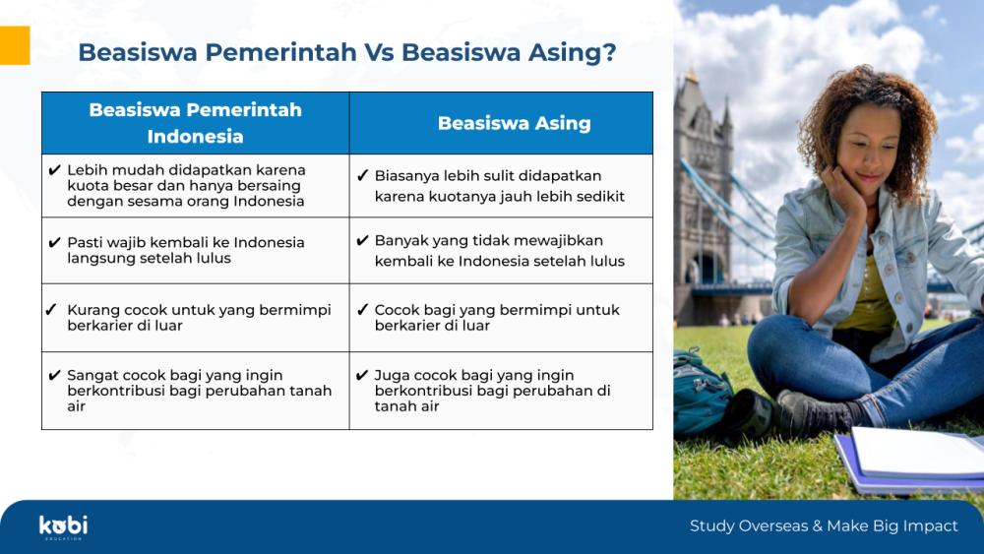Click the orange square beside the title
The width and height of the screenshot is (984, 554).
click(15, 45)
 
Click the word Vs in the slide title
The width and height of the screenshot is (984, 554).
click(379, 53)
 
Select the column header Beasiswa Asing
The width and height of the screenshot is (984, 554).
click(502, 123)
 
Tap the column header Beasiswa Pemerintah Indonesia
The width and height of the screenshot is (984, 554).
click(195, 123)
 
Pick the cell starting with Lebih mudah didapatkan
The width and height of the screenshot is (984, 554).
click(195, 186)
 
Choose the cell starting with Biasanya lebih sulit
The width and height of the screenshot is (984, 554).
click(502, 186)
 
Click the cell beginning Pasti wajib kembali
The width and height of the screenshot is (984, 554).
click(195, 250)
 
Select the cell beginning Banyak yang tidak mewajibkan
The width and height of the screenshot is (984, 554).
click(502, 250)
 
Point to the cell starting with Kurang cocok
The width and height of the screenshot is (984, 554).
click(195, 318)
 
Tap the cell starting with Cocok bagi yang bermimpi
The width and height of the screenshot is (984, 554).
click(502, 318)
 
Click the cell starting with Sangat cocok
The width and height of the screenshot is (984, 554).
click(195, 391)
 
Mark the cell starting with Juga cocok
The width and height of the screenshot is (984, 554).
click(502, 391)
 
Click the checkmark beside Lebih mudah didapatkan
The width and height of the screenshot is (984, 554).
click(54, 170)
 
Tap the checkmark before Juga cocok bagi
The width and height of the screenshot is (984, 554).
click(362, 375)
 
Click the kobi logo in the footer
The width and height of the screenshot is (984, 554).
click(63, 527)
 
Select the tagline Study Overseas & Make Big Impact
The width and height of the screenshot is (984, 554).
click(824, 525)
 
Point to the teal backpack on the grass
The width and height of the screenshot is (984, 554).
click(701, 392)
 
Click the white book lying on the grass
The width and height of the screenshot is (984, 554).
click(917, 453)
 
